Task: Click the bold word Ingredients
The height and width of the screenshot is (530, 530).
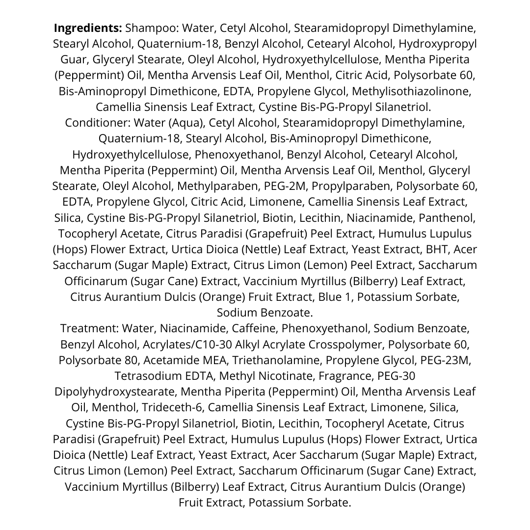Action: tap(88, 27)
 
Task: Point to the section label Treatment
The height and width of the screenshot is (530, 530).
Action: tap(90, 328)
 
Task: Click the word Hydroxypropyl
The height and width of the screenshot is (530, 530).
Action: tap(437, 44)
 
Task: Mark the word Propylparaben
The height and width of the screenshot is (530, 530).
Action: tap(351, 186)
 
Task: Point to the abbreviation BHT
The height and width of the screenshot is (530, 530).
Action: tap(435, 249)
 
